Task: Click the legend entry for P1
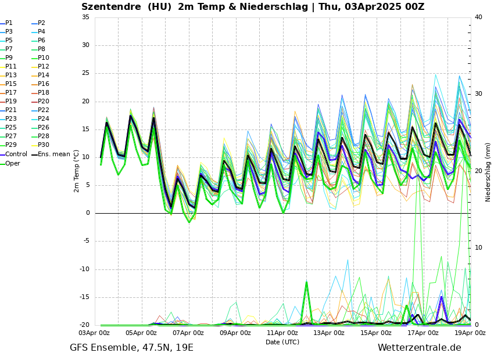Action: (9, 23)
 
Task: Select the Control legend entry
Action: (16, 154)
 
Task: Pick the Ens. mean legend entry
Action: (53, 154)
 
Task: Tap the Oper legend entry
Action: (12, 163)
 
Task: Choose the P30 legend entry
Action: (43, 145)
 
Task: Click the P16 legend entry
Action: (43, 84)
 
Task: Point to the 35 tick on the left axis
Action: (85, 17)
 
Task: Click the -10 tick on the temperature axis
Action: (84, 269)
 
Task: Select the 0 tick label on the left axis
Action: (88, 213)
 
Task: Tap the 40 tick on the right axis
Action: (478, 17)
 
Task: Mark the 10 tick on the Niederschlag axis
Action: (478, 248)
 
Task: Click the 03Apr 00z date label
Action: (94, 333)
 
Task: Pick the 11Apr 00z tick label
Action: (282, 333)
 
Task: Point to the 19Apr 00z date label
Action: (470, 333)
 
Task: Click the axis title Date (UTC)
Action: (282, 342)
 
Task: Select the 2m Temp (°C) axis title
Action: (76, 171)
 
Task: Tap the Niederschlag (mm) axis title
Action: (488, 172)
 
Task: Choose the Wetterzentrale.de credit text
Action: (419, 348)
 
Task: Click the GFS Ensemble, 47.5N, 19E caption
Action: (131, 348)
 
